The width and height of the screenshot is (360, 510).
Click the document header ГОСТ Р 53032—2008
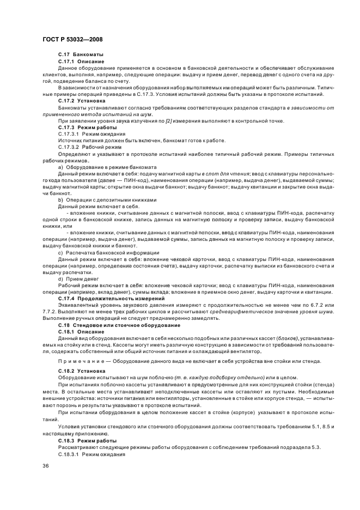click(x=73, y=40)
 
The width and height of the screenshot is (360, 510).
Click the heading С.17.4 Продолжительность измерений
click(x=103, y=299)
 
